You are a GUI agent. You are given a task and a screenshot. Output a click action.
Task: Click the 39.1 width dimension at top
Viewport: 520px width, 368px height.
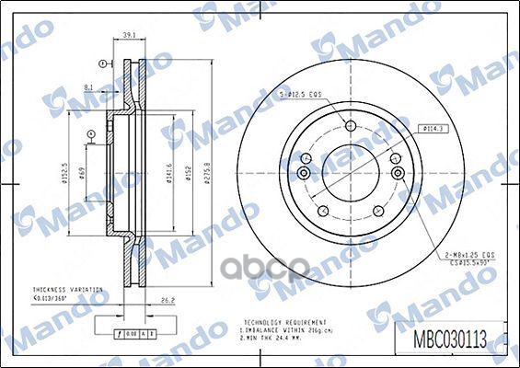tap(130, 36)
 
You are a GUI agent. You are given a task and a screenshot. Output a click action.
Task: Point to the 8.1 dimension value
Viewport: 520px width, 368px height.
tap(87, 86)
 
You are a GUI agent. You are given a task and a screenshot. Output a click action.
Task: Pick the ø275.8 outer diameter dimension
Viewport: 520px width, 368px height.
tap(210, 172)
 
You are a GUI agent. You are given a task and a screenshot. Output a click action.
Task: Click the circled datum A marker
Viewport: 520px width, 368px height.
tap(90, 136)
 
